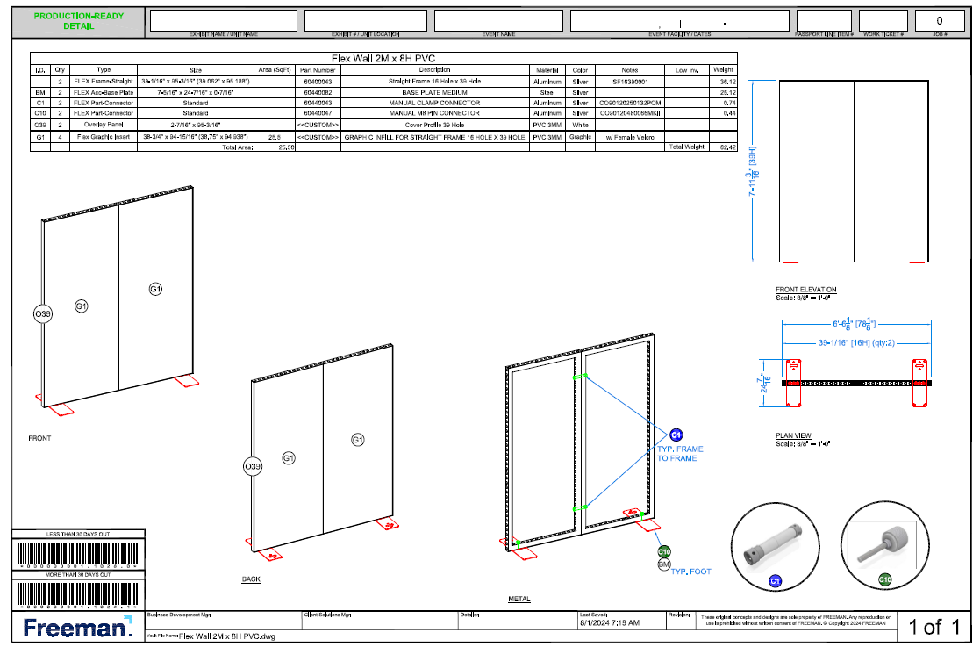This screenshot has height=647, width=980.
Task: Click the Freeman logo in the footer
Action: coord(77,627)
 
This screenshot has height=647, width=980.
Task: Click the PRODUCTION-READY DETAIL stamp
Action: coord(79,21)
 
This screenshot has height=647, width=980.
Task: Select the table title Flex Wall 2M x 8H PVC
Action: coord(383,59)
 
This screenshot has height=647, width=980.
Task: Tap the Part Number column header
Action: coord(317,69)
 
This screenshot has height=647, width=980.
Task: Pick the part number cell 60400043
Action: coord(317,81)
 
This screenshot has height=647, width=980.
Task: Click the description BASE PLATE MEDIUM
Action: coord(433,91)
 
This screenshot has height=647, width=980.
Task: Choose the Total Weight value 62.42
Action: coord(724,147)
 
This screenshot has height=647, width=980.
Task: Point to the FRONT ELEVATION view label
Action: coord(805,290)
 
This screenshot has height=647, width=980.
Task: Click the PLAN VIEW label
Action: coord(793,435)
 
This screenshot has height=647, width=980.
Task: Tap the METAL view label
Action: coord(519,600)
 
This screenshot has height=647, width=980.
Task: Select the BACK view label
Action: coord(251,579)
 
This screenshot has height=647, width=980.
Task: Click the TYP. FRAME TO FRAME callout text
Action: coord(680,454)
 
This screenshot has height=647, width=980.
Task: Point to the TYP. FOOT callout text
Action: coord(691,572)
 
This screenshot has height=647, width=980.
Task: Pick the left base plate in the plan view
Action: coord(793,384)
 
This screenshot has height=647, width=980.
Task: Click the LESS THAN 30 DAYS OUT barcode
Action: coord(78,554)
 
